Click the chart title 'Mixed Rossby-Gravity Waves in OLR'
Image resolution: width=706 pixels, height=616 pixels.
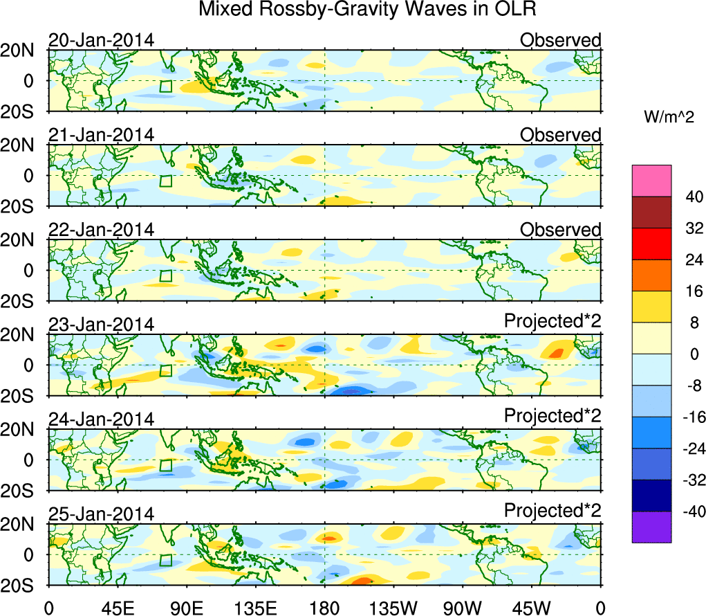click(367, 10)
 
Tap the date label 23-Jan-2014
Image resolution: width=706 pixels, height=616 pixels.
click(101, 325)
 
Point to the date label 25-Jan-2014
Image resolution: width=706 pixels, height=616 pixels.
click(101, 514)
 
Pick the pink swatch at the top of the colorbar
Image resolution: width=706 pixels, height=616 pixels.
click(651, 181)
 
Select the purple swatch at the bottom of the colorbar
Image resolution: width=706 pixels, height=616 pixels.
click(651, 527)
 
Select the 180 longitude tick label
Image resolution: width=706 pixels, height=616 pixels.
click(324, 608)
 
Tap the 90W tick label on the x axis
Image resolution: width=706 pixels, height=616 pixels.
click(463, 608)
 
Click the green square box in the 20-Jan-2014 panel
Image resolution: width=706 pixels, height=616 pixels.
click(165, 86)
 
